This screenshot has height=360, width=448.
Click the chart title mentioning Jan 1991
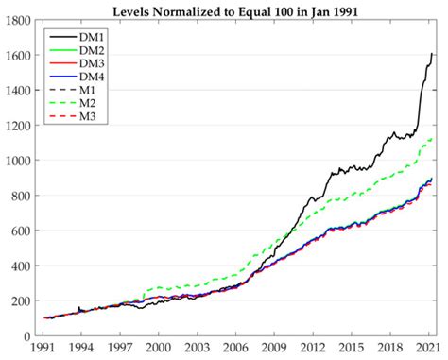click(x=236, y=11)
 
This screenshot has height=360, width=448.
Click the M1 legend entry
click(x=88, y=89)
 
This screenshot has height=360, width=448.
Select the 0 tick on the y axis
click(x=28, y=336)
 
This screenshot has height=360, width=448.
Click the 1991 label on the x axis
click(x=43, y=349)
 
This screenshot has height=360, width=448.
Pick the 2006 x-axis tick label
click(x=236, y=349)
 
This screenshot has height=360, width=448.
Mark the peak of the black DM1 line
click(x=432, y=53)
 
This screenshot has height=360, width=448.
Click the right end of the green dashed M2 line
click(x=433, y=139)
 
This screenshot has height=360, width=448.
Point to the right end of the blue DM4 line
click(x=433, y=179)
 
